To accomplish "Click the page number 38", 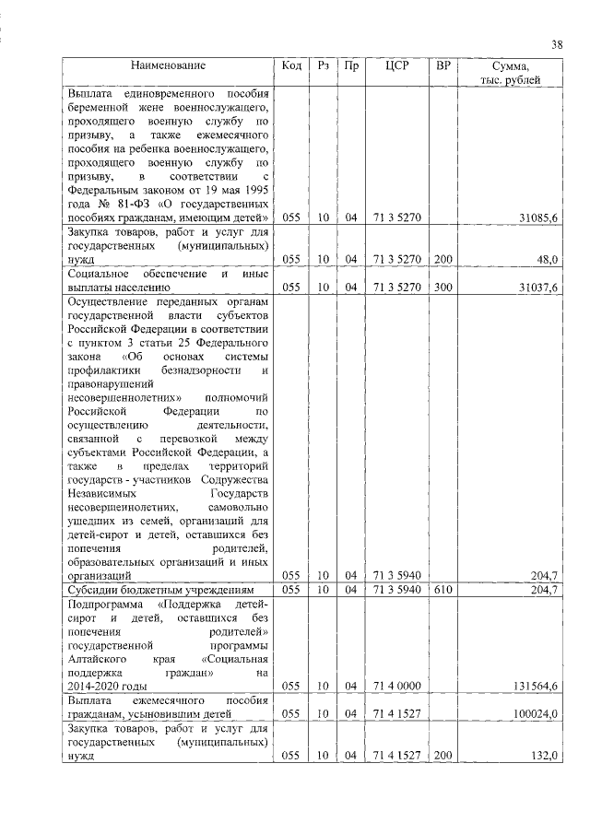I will pos(558,45).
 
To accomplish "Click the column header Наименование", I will pos(168,66).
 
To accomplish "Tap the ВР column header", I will pos(443,66).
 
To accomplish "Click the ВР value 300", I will pos(443,288).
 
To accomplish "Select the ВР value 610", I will pos(443,589).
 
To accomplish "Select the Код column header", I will pos(291,66).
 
